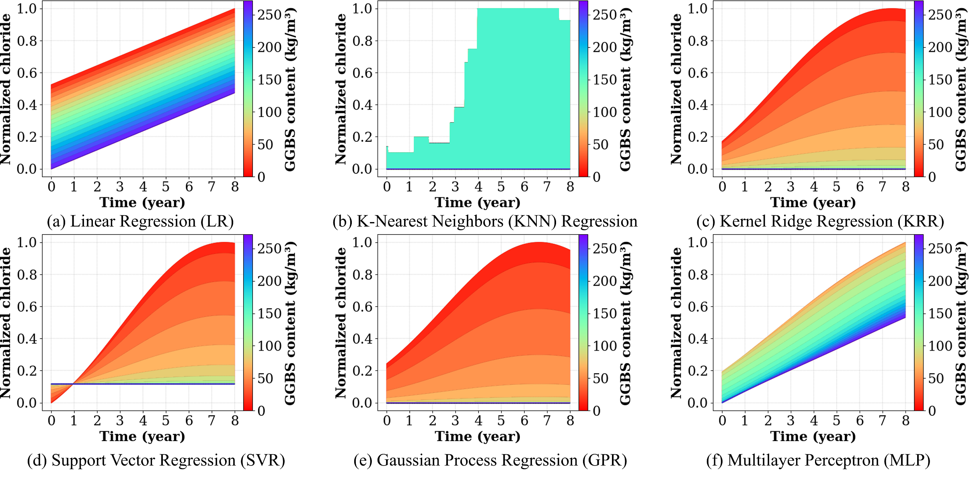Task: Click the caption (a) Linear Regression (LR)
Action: [140, 222]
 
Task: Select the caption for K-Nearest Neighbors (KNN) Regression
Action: [485, 222]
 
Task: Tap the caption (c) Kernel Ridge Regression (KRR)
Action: [820, 222]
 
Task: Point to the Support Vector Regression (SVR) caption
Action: [156, 460]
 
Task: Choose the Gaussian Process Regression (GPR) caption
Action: [490, 460]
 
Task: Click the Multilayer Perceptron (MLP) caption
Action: [818, 460]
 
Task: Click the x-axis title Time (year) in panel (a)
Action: [142, 202]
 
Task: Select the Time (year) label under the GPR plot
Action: [478, 436]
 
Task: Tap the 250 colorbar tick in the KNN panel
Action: [604, 15]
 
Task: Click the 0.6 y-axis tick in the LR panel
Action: [27, 73]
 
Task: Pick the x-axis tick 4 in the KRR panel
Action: [814, 187]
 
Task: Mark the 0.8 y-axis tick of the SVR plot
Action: [27, 275]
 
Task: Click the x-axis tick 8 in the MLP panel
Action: [905, 421]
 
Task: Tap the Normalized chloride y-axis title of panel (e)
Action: [341, 323]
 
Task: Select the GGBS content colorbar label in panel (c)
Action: [961, 89]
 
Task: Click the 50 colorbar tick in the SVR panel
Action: [265, 378]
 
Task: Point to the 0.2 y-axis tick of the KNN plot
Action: [362, 137]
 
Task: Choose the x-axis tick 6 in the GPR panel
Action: [524, 421]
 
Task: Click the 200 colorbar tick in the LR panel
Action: [269, 47]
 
